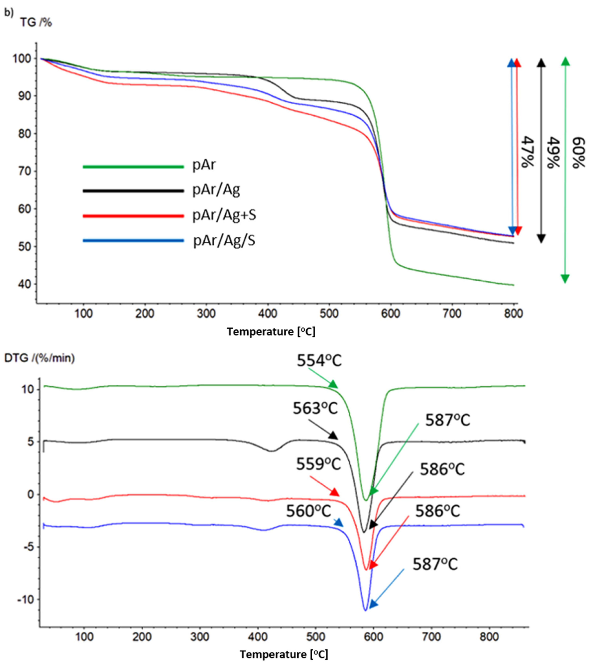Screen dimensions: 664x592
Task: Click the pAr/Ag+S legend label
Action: pos(224,215)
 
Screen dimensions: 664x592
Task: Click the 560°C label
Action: pos(308,511)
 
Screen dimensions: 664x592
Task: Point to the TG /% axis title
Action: pos(36,23)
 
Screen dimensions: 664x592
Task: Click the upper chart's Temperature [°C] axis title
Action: pos(271,332)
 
